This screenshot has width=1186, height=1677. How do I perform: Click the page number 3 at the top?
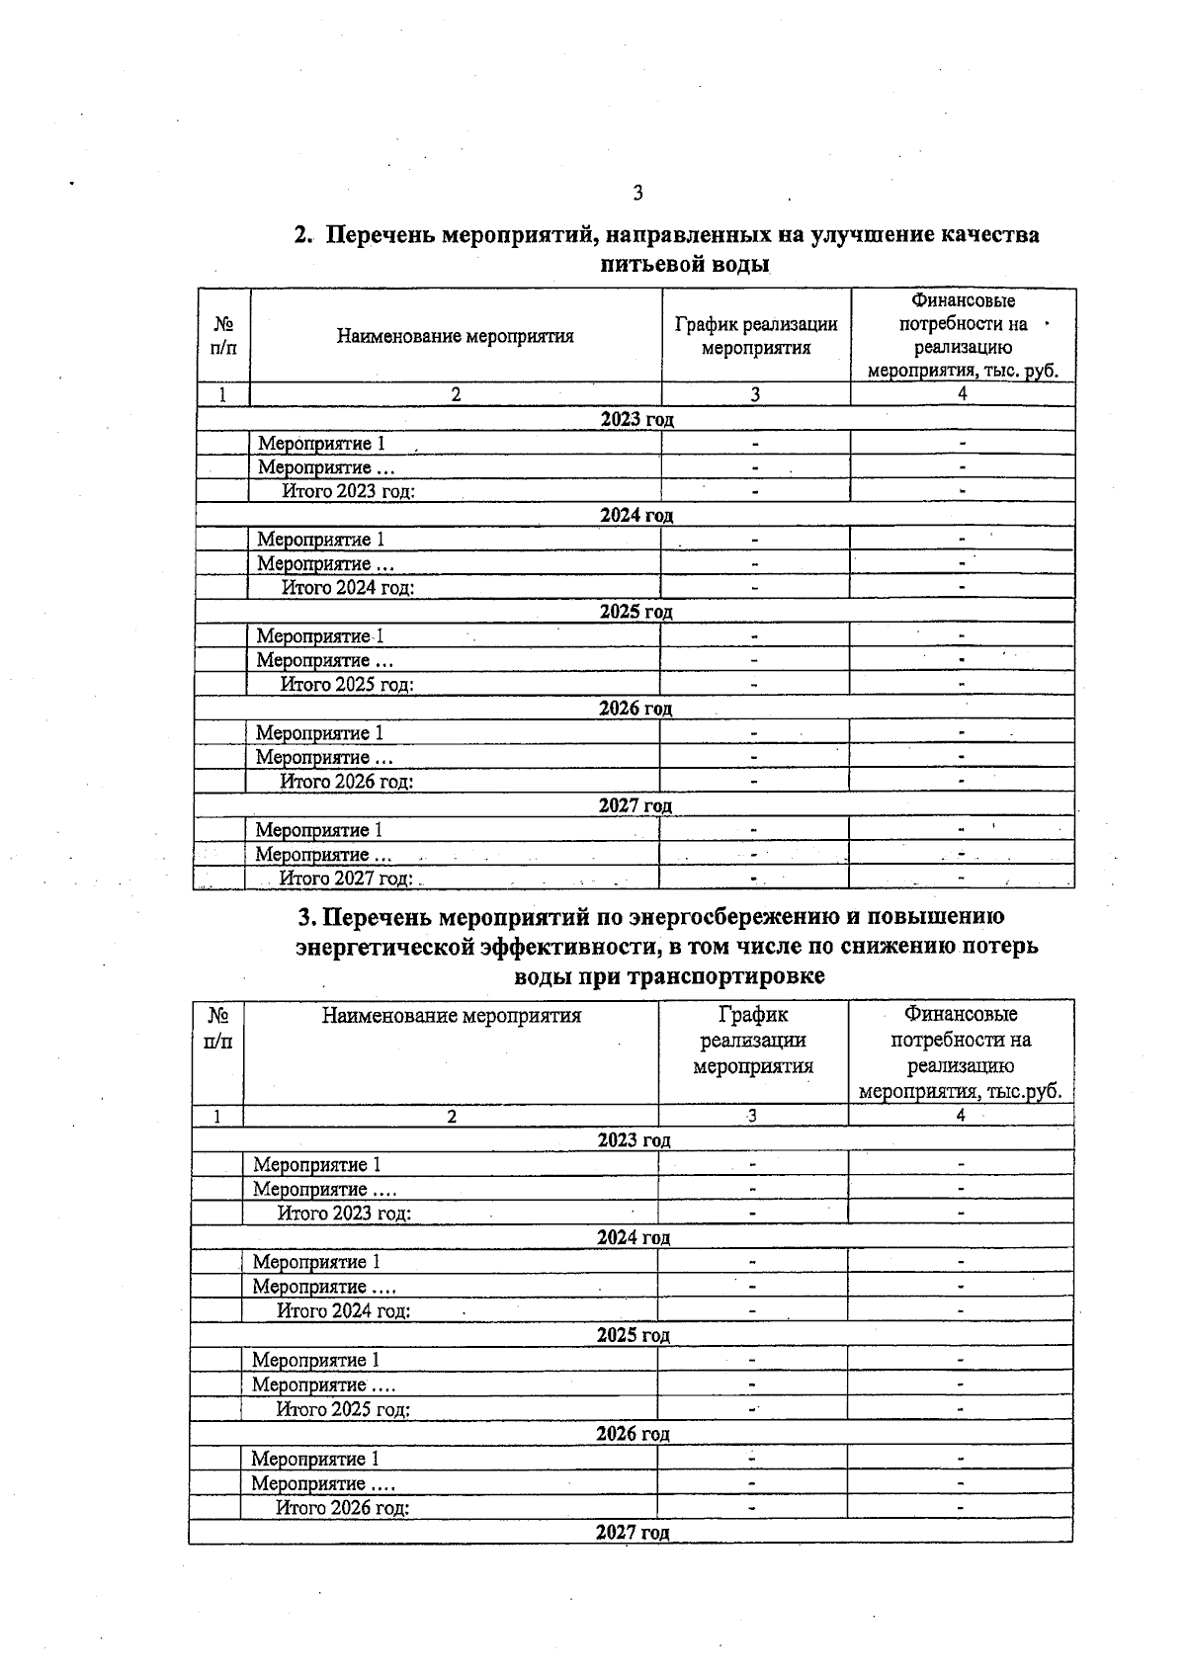637,193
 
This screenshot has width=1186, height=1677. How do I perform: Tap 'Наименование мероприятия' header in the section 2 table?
455,336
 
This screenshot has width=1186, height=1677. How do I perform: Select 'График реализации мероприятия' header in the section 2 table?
756,336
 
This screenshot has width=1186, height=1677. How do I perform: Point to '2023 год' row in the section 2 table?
636,419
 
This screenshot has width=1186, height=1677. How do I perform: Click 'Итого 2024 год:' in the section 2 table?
348,588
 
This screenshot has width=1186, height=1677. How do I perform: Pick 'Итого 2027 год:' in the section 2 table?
346,878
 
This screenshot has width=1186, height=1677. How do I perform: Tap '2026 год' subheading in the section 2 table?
635,709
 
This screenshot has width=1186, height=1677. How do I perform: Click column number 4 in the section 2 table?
962,394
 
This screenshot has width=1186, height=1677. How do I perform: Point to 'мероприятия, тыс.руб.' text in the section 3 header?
961,1092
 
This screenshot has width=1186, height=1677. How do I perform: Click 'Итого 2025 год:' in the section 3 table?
343,1409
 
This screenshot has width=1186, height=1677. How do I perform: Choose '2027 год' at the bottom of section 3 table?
633,1533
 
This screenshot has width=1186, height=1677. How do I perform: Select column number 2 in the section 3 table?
452,1116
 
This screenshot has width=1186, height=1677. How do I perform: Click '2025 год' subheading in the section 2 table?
635,612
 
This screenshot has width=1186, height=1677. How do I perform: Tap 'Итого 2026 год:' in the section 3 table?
342,1508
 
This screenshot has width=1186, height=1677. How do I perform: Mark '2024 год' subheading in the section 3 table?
634,1237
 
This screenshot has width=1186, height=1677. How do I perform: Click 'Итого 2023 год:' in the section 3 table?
344,1214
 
